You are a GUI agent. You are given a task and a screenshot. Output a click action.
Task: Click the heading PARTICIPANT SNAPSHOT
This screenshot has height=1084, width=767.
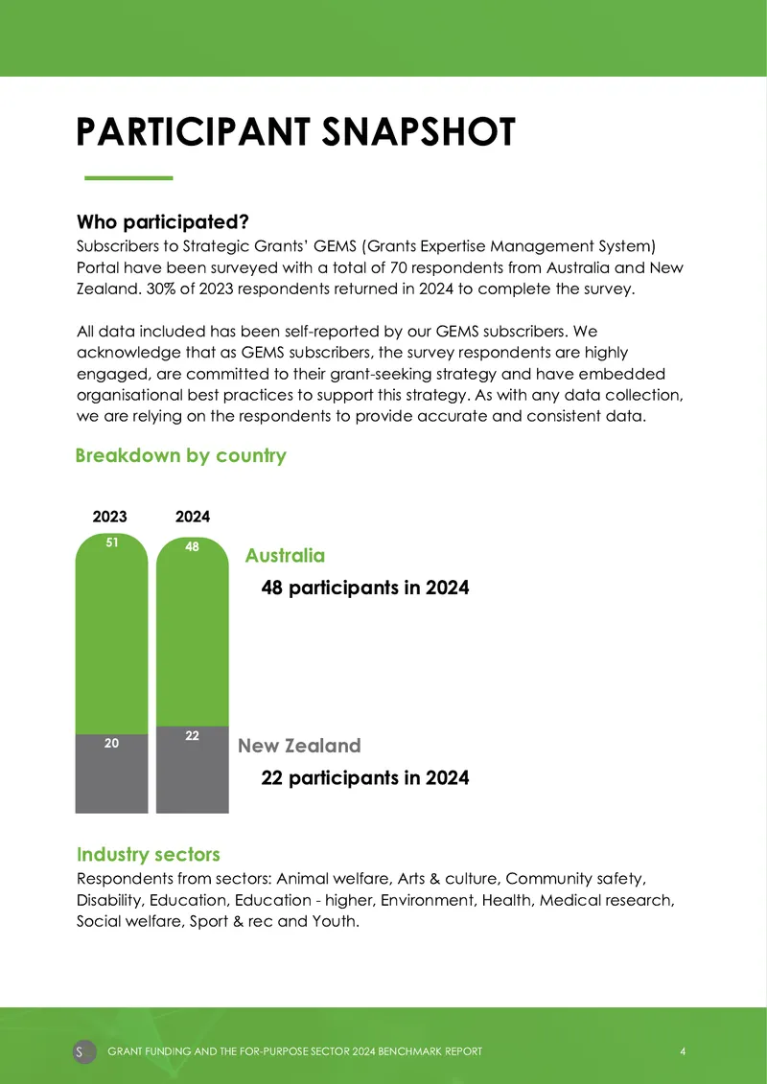(296, 132)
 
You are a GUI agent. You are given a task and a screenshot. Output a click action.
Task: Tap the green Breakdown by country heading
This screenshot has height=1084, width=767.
(180, 455)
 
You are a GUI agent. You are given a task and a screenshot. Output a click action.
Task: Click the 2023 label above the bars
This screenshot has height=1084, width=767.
(110, 517)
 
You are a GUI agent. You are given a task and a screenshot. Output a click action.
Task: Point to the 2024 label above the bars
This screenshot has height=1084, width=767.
(193, 517)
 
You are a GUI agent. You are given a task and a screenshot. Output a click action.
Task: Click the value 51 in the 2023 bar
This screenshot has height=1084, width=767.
(111, 543)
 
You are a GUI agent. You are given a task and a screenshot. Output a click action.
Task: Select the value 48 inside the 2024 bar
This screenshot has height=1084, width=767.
(193, 547)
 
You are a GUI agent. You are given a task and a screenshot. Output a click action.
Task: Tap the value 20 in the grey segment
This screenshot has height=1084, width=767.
(111, 743)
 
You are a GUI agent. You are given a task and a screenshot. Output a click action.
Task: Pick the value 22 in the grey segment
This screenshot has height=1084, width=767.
(193, 736)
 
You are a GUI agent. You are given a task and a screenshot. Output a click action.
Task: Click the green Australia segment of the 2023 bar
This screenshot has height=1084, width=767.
(111, 636)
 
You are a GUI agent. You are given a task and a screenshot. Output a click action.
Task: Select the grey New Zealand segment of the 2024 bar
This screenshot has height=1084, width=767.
(193, 770)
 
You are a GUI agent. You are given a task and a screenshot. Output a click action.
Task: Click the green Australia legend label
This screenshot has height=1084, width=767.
(285, 556)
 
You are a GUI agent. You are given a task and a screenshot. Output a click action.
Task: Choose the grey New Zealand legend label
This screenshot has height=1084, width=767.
(299, 746)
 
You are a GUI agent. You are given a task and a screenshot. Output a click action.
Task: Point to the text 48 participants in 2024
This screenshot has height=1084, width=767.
(365, 588)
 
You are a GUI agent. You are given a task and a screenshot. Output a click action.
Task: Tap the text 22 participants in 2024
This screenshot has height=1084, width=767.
(365, 777)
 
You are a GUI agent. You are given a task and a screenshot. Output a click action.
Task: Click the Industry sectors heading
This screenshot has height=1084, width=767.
(148, 855)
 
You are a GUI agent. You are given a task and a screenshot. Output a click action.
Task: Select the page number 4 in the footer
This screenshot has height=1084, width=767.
(683, 1051)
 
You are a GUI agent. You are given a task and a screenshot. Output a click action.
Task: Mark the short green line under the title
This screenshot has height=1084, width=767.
(128, 177)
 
